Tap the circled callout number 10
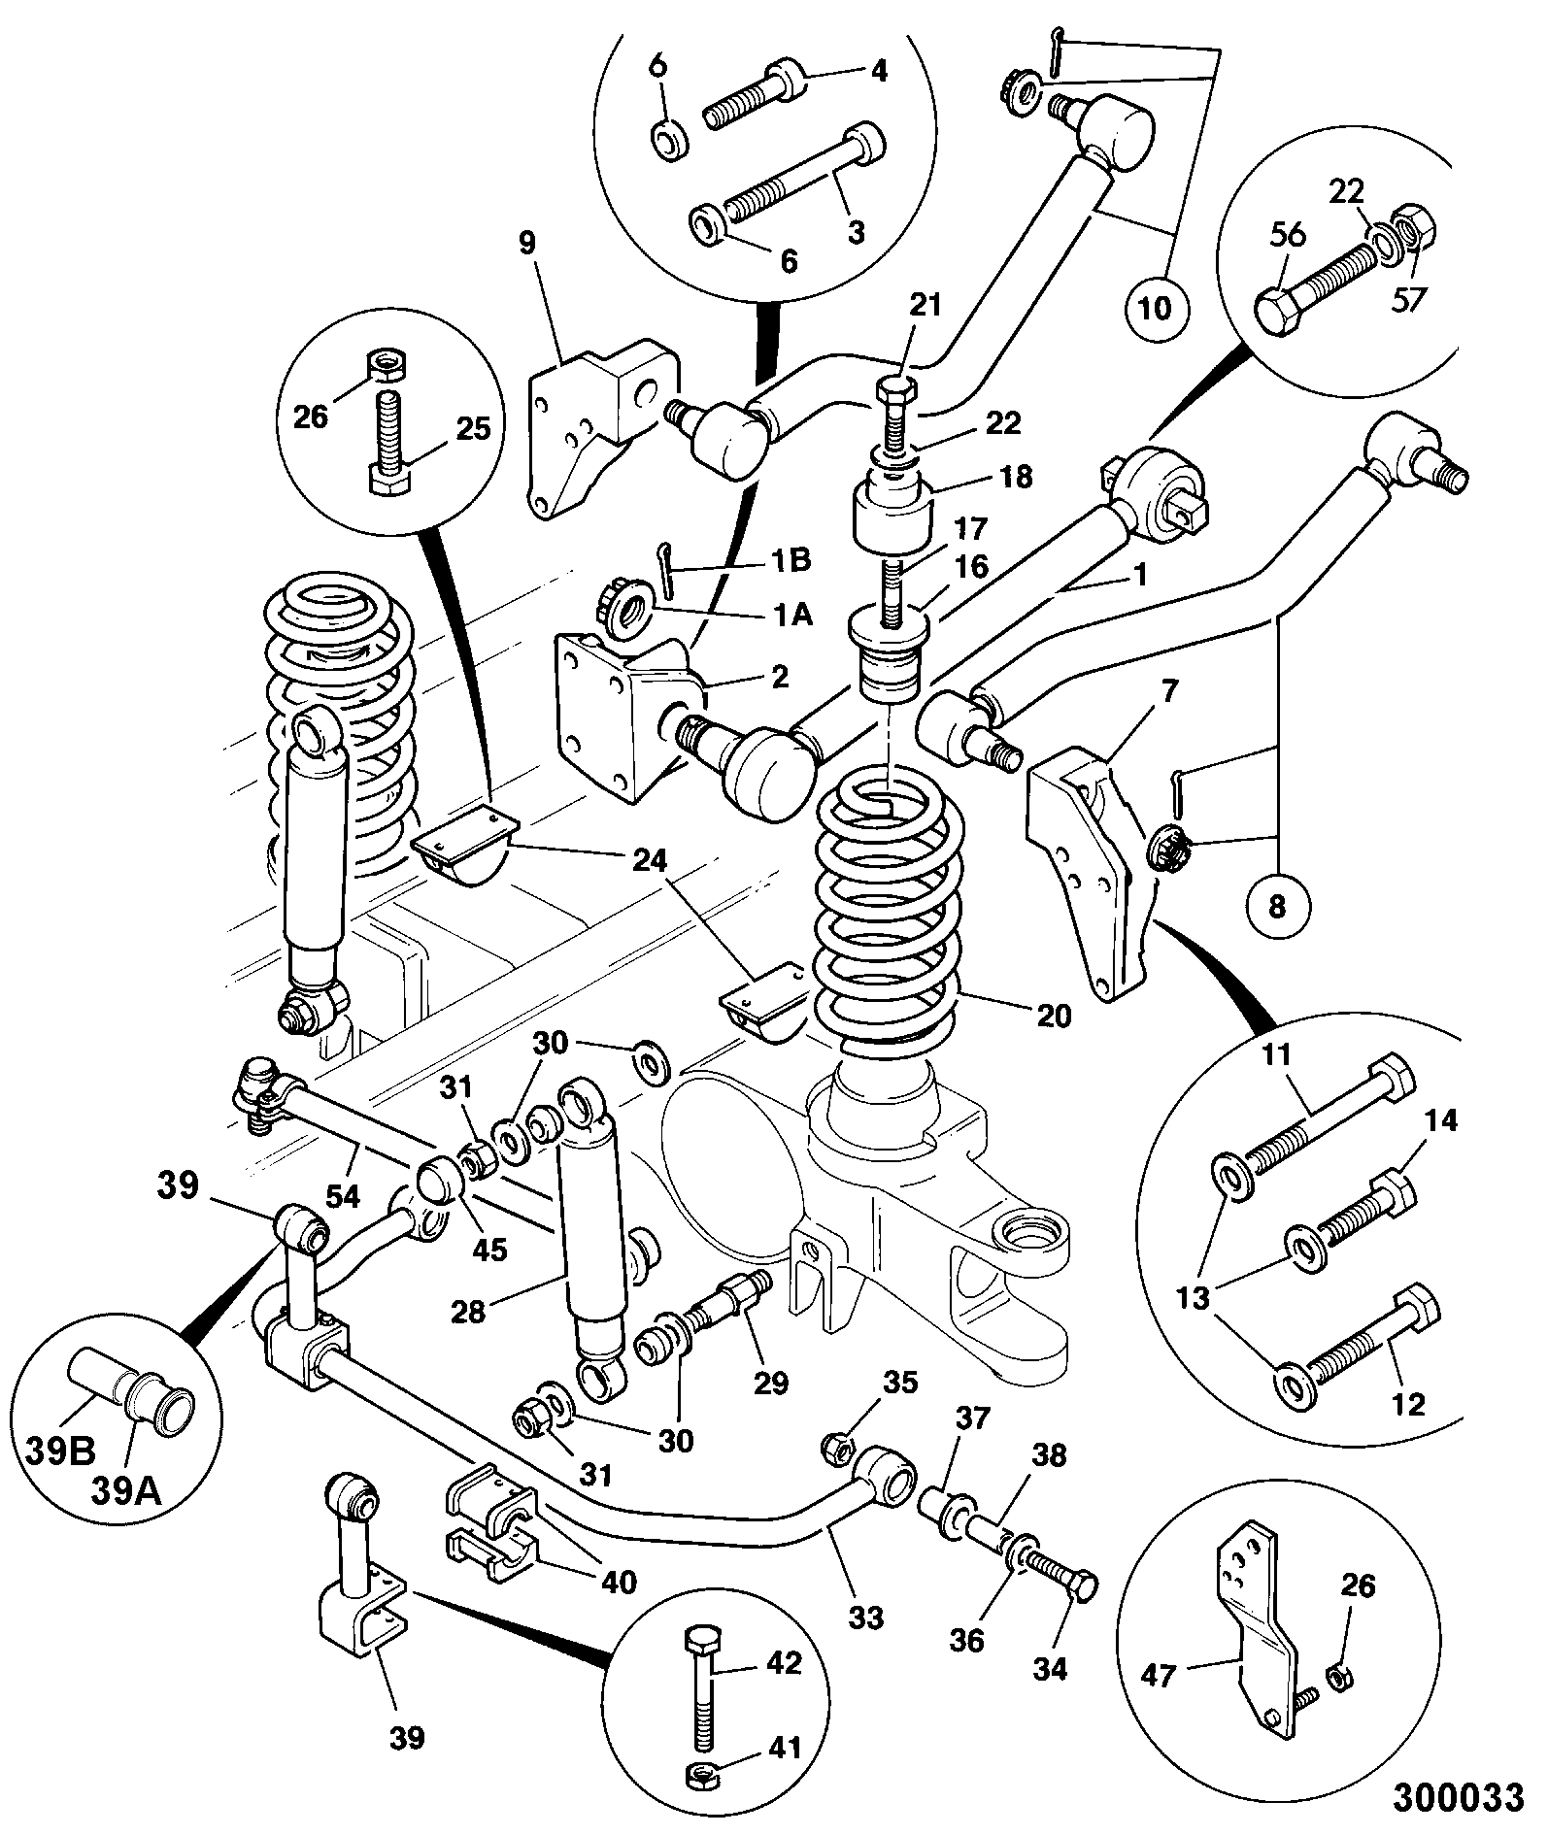tap(1156, 308)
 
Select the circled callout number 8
tap(1277, 906)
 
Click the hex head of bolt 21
tap(893, 391)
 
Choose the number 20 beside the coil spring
tap(1054, 1016)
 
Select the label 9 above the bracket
tap(526, 243)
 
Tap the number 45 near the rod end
tap(488, 1249)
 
